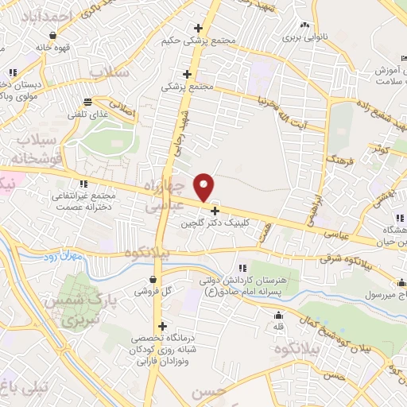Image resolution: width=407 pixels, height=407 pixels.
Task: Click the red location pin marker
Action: [x=204, y=187]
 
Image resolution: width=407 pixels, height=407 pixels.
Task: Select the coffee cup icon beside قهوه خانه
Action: [x=52, y=36]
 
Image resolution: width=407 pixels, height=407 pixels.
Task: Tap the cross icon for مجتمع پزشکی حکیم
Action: [x=199, y=29]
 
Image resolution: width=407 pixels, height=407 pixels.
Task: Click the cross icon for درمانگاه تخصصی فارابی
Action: [x=162, y=325]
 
